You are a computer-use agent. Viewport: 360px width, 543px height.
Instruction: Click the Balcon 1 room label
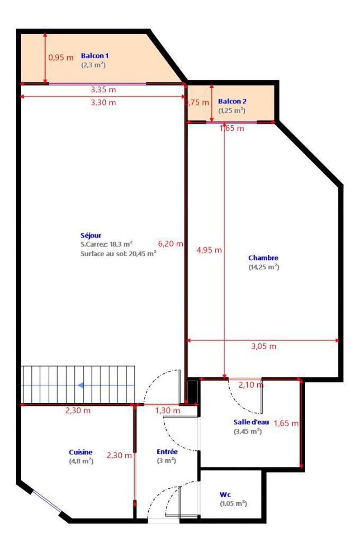point(95,56)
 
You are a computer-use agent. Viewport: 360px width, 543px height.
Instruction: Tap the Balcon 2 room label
point(232,101)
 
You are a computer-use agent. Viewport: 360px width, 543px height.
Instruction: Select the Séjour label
point(91,235)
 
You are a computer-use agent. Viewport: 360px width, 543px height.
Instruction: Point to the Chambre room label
point(263,257)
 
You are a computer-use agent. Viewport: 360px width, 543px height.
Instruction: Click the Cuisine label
point(81,452)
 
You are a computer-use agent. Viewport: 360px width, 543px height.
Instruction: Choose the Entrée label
point(167,452)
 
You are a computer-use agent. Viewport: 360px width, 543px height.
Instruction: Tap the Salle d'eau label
point(251,422)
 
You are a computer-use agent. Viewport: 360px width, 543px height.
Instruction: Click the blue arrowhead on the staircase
point(81,385)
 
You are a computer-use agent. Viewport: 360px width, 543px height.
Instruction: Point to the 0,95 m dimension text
point(61,57)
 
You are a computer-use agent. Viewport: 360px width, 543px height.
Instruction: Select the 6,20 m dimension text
point(171,243)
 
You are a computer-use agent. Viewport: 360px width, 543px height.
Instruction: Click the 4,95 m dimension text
point(209,250)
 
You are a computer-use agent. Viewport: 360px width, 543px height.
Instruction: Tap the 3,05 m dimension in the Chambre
point(264,346)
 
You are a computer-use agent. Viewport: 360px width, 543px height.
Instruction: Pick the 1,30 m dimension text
point(168,410)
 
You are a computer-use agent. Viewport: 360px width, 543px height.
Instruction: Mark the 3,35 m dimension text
point(104,90)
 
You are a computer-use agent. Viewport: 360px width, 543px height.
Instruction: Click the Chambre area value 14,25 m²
point(264,267)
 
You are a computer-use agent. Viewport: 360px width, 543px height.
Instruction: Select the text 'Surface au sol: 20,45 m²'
point(118,253)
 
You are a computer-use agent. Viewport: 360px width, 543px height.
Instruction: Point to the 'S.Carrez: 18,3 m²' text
point(106,244)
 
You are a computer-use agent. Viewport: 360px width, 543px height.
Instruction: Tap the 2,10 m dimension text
point(251,385)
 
